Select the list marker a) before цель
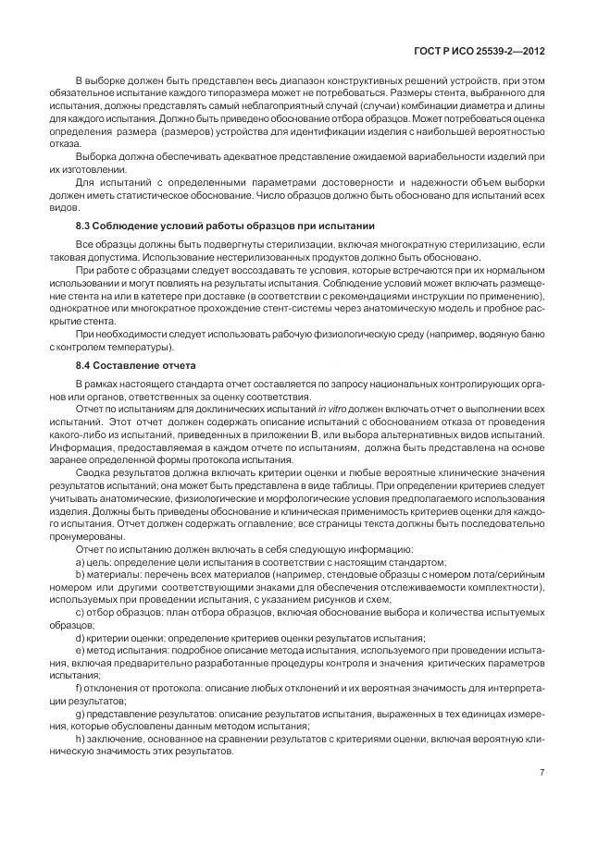click(80, 561)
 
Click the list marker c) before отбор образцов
click(80, 612)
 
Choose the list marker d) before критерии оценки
click(80, 637)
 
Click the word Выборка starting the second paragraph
click(95, 156)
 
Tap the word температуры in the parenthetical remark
click(143, 348)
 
